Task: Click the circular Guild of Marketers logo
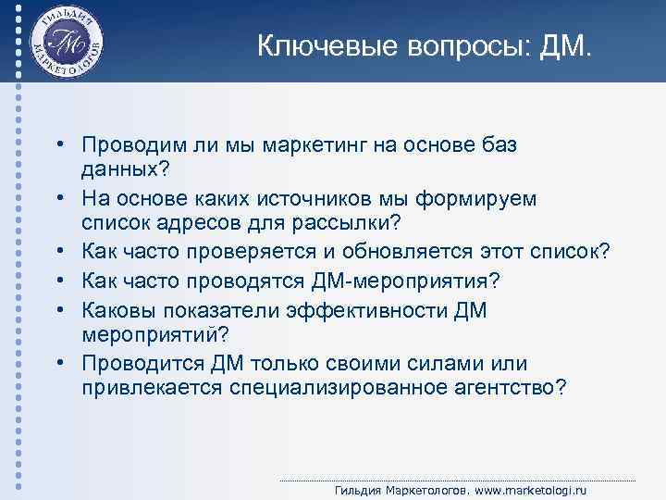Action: tap(66, 42)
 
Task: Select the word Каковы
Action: tap(116, 310)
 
